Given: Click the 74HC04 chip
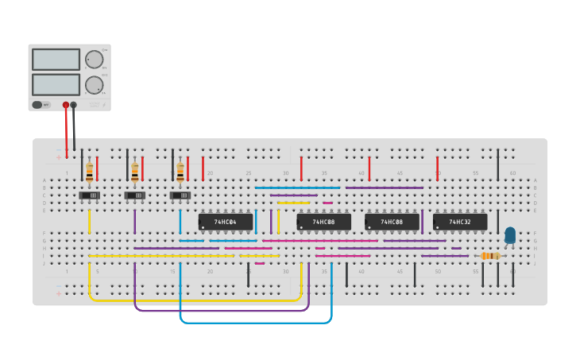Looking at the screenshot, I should click(x=226, y=222).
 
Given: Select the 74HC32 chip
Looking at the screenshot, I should click(x=460, y=222).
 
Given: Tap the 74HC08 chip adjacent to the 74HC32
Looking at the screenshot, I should click(x=392, y=222).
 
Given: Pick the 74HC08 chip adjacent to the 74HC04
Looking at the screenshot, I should click(x=323, y=222).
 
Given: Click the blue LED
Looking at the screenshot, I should click(x=510, y=235).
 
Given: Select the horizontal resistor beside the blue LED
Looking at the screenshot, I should click(x=490, y=256).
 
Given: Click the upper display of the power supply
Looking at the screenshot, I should click(x=56, y=60).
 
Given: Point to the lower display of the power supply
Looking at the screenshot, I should click(x=56, y=84).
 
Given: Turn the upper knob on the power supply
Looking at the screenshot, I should click(x=95, y=60).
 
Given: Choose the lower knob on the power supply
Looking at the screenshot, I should click(x=95, y=85).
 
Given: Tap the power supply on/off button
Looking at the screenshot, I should click(x=37, y=104).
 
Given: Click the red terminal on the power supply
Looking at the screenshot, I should click(x=66, y=105).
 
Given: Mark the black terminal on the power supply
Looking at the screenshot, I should click(x=74, y=105).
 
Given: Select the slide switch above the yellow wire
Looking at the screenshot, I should click(x=90, y=195).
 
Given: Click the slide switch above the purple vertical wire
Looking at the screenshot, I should click(x=135, y=195).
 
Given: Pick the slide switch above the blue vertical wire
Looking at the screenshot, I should click(x=180, y=195).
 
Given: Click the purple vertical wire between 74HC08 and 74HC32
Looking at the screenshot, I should click(x=423, y=222).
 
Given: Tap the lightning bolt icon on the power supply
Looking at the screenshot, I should click(x=104, y=103).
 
